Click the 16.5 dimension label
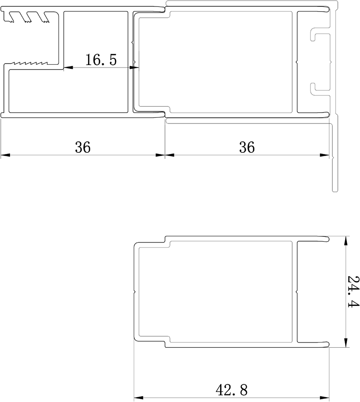pyautogui.click(x=101, y=60)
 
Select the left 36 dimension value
pyautogui.click(x=83, y=148)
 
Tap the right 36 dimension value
pyautogui.click(x=247, y=148)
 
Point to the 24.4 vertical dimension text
pyautogui.click(x=353, y=291)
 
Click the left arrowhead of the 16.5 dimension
pyautogui.click(x=68, y=68)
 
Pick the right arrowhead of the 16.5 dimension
pyautogui.click(x=134, y=68)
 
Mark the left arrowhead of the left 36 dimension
pyautogui.click(x=5, y=155)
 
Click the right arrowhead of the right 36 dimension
pyautogui.click(x=324, y=155)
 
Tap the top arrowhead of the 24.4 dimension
pyautogui.click(x=346, y=241)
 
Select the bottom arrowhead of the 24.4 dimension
pyautogui.click(x=346, y=343)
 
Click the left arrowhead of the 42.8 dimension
pyautogui.click(x=139, y=398)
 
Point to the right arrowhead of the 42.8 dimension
pyautogui.click(x=324, y=398)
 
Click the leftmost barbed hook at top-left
pyautogui.click(x=10, y=17)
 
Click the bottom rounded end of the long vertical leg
pyautogui.click(x=335, y=191)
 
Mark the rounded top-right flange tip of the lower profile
pyautogui.click(x=327, y=239)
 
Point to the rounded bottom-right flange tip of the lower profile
pyautogui.click(x=327, y=345)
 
